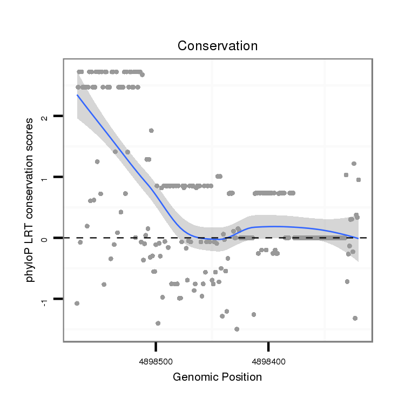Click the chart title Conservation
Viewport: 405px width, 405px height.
[218, 46]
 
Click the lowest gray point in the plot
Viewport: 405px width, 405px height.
[237, 329]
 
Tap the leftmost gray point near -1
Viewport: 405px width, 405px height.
[77, 303]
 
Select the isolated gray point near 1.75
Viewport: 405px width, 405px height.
[151, 130]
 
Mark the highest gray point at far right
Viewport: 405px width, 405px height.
[354, 164]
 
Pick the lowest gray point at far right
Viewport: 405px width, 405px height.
[355, 318]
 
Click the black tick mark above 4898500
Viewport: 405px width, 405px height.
[156, 345]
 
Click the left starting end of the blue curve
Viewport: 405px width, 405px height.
[77, 95]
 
